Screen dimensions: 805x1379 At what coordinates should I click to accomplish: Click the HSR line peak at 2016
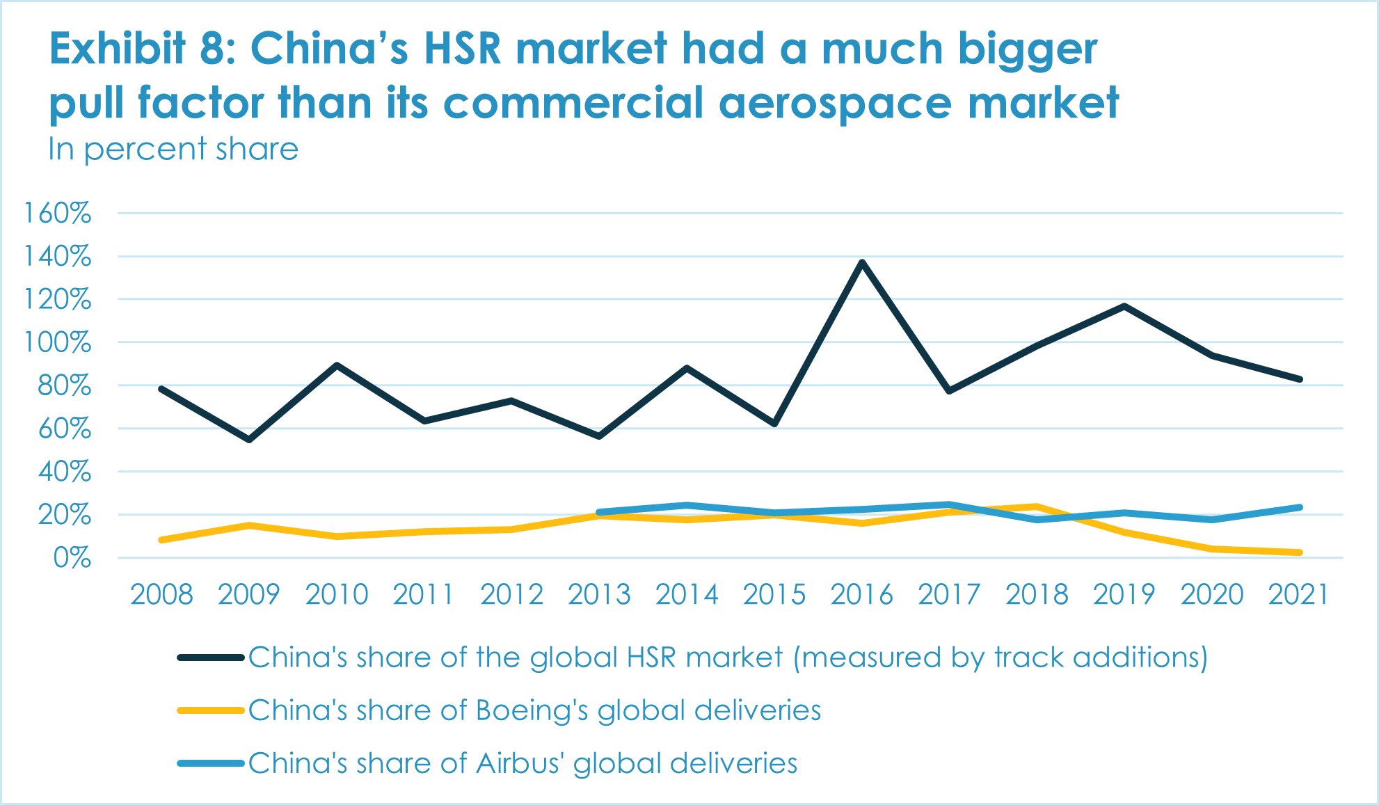click(862, 262)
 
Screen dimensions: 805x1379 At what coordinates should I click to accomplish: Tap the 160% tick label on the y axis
click(58, 214)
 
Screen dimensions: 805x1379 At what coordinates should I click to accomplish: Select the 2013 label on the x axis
click(599, 595)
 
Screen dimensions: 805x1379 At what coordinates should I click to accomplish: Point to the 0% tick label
click(72, 558)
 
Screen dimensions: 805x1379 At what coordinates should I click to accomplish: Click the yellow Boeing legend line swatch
click(210, 710)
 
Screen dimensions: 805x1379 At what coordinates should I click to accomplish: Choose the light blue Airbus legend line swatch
click(210, 763)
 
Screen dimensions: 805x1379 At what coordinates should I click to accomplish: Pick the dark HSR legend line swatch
click(210, 657)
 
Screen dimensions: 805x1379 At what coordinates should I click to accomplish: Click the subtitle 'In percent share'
click(173, 149)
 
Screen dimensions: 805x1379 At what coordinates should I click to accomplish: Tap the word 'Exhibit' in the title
click(118, 49)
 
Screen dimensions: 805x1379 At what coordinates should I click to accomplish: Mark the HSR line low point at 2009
click(249, 440)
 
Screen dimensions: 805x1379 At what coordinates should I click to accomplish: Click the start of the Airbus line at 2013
click(599, 512)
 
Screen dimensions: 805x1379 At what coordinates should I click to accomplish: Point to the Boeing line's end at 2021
click(1299, 552)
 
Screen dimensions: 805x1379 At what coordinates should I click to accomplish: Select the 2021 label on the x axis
click(1299, 595)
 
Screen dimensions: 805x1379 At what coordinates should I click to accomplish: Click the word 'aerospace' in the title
click(834, 103)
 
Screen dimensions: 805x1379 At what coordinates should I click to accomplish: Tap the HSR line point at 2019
click(1124, 306)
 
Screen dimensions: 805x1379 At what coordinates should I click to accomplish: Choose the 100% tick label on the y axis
click(58, 343)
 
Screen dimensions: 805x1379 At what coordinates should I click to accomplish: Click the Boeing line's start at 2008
click(161, 540)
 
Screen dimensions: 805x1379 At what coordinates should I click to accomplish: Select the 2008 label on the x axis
click(161, 595)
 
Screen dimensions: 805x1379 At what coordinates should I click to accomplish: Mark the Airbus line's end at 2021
click(1299, 507)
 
